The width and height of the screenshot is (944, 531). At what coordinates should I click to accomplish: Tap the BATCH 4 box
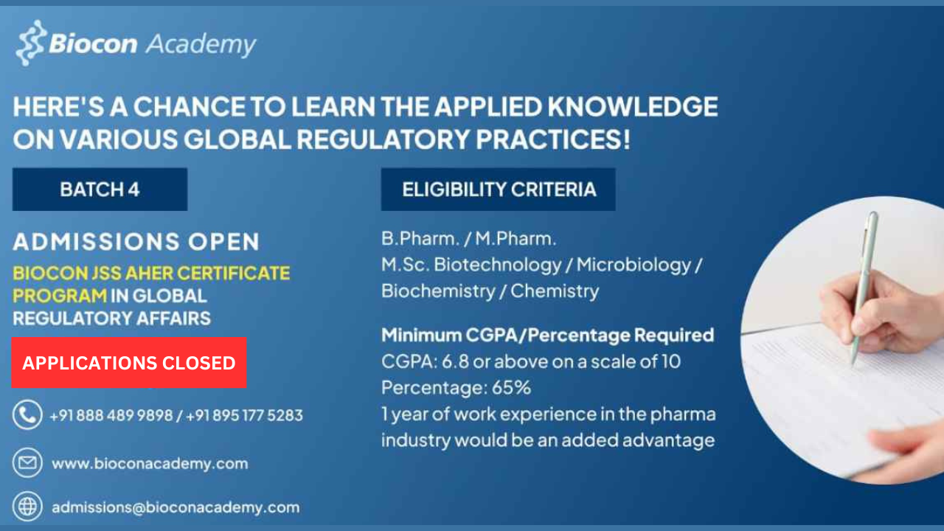pos(100,190)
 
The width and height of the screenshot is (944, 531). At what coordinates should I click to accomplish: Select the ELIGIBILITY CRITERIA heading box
pos(498,190)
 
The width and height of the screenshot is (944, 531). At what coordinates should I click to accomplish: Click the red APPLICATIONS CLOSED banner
pos(129,362)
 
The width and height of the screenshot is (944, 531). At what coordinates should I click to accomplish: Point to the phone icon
pos(27,414)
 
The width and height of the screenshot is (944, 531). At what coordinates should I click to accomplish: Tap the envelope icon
pos(27,462)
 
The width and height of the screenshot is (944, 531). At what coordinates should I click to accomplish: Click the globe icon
pos(27,506)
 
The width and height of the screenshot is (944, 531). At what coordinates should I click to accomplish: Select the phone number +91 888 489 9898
pos(111,415)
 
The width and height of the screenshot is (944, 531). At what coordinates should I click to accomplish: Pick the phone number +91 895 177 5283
pos(244,415)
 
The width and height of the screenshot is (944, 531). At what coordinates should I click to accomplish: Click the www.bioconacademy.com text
pos(150,464)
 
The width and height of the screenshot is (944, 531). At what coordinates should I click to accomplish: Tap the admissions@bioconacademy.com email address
pos(176,507)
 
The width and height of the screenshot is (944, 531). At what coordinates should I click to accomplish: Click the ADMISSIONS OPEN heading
pos(136,242)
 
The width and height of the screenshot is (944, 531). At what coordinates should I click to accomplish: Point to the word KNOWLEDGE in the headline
pos(633,106)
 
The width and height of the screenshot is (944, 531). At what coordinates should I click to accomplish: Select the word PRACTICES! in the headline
pos(553,139)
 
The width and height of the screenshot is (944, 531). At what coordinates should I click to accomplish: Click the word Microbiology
pos(634,265)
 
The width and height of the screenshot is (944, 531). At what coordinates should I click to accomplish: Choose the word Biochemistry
pos(438,291)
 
